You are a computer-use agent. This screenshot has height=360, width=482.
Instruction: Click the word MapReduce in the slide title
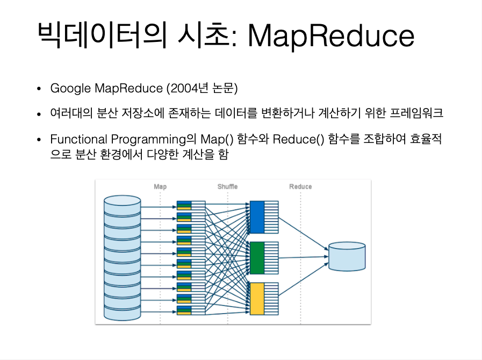(x=331, y=36)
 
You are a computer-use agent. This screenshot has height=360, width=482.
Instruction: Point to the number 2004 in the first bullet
(x=183, y=88)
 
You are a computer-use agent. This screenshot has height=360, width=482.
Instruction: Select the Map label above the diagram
(x=160, y=186)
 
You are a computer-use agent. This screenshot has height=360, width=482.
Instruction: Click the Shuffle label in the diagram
(x=227, y=186)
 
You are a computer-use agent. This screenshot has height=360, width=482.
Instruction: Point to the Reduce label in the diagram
(x=300, y=186)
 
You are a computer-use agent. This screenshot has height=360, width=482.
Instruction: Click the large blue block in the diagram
(x=257, y=217)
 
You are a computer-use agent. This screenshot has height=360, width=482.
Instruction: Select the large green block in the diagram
(x=257, y=258)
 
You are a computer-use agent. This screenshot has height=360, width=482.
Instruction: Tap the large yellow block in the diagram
(x=257, y=299)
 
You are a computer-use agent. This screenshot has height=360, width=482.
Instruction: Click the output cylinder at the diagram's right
(x=347, y=257)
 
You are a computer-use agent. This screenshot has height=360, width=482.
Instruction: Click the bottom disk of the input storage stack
(x=122, y=313)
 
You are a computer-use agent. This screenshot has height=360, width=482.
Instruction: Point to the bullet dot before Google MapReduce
(x=39, y=89)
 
